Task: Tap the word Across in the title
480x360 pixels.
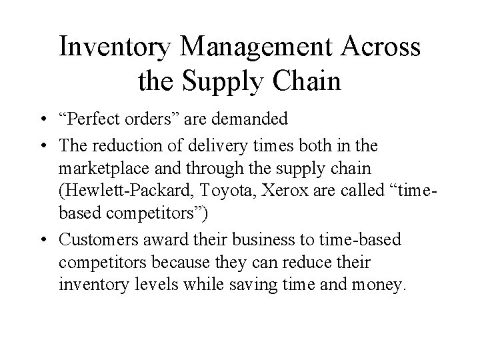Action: coord(382,48)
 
